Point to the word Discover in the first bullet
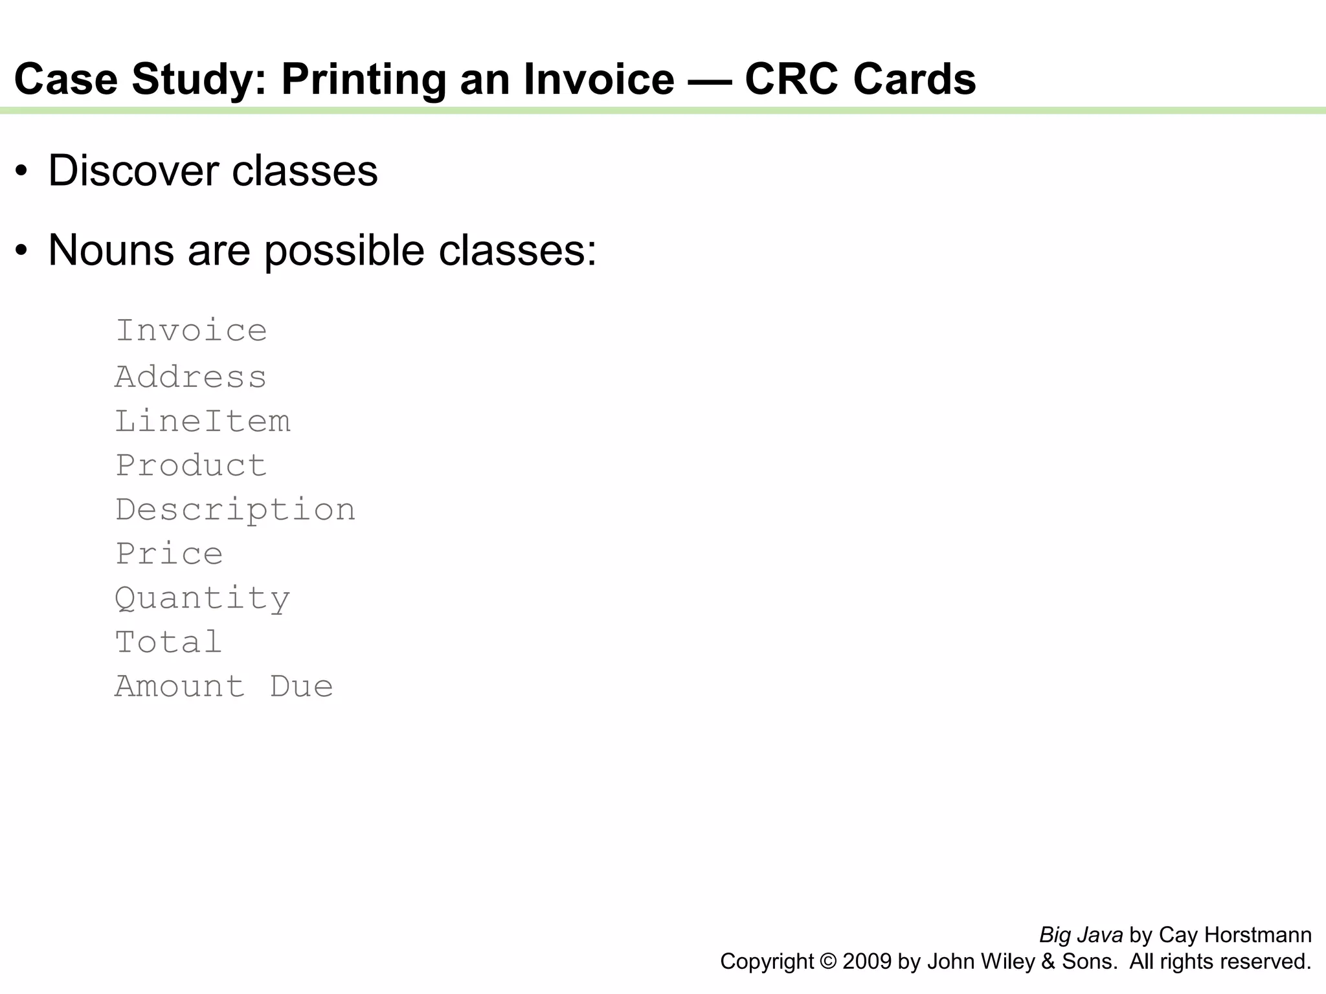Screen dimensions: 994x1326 click(x=133, y=171)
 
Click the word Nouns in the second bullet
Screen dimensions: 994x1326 click(x=111, y=250)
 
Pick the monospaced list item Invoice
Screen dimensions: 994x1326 click(x=191, y=331)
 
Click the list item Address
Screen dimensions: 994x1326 click(x=191, y=377)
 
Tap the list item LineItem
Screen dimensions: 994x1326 click(x=203, y=421)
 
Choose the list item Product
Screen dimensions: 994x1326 click(x=191, y=465)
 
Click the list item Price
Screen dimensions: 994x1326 click(x=169, y=554)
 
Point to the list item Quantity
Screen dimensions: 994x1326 click(x=203, y=599)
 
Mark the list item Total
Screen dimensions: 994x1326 click(x=169, y=643)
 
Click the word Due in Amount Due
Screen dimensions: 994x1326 click(x=302, y=687)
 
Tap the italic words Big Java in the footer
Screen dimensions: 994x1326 click(x=1081, y=935)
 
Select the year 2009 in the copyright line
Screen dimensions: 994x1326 click(x=867, y=962)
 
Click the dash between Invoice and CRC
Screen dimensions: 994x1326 click(x=710, y=80)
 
